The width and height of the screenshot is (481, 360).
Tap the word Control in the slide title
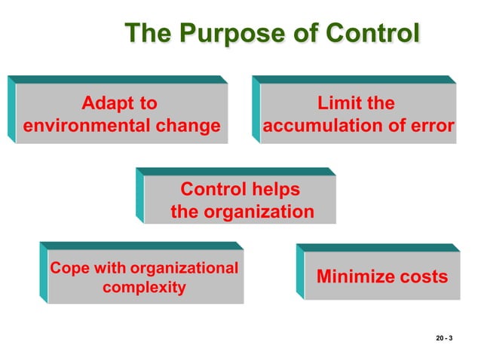[371, 34]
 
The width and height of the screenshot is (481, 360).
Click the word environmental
[85, 125]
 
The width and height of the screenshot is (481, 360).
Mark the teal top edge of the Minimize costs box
[377, 247]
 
